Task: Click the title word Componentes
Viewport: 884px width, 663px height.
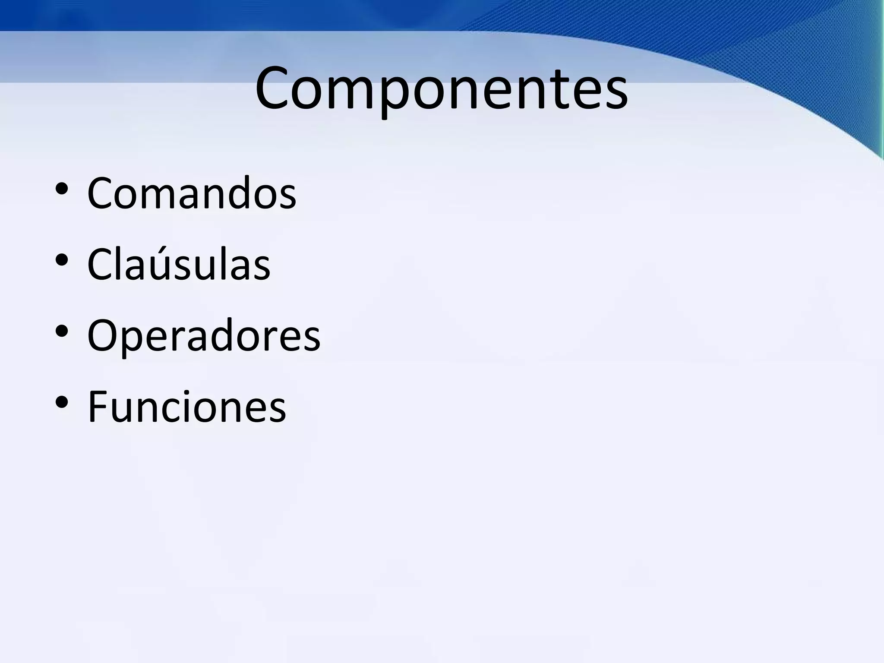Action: pos(441,88)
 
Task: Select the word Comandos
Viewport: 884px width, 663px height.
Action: pos(192,193)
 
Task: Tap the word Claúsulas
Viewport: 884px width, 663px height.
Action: pos(179,264)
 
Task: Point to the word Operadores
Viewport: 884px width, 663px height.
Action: pos(204,336)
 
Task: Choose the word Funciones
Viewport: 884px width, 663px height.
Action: pos(186,407)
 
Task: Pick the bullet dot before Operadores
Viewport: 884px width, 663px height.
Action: pos(62,331)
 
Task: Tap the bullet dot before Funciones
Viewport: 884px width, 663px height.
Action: pos(62,402)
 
